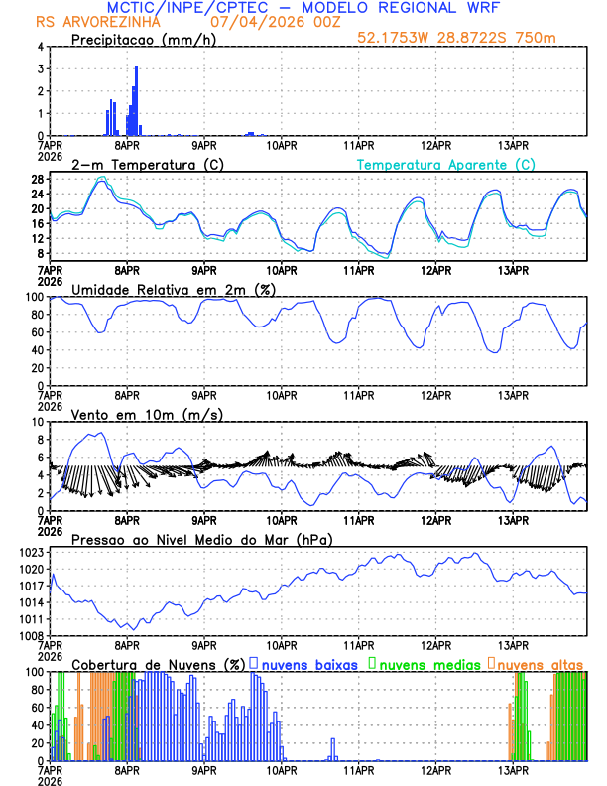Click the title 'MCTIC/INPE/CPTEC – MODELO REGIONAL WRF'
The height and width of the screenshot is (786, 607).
pyautogui.click(x=304, y=8)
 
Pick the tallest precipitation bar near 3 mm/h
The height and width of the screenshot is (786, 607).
pyautogui.click(x=136, y=99)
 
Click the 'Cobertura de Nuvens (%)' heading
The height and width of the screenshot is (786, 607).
pyautogui.click(x=158, y=664)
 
